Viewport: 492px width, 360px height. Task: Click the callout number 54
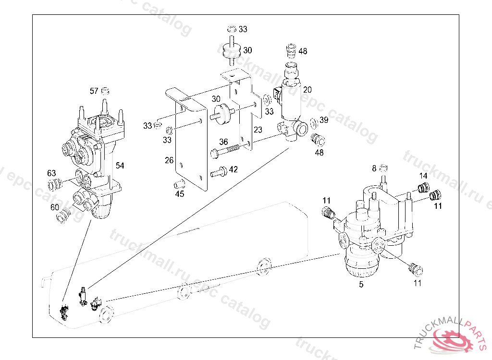pos(120,166)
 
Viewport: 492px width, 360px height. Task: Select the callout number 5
pos(361,285)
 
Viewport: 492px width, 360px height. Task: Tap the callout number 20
pos(307,89)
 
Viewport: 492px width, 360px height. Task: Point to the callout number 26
pos(169,160)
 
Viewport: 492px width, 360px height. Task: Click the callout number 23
pos(258,130)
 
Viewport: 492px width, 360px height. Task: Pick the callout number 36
pos(223,142)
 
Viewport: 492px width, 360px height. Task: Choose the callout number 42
pos(233,169)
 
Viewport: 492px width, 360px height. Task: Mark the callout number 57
pos(94,91)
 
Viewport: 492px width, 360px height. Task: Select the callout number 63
pos(51,173)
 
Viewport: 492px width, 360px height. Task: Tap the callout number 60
pos(55,207)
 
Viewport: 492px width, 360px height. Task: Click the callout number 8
pos(374,168)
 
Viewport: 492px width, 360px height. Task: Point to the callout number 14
pos(423,176)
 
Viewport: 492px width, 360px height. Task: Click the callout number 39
pos(324,120)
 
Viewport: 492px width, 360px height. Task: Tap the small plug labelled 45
pos(179,183)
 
